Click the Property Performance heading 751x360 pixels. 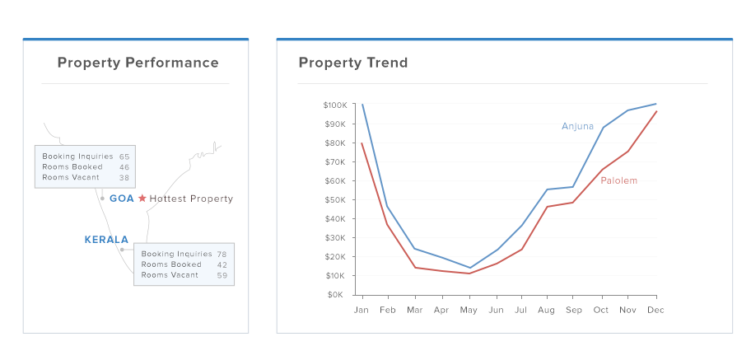click(138, 63)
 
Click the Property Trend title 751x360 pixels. click(352, 63)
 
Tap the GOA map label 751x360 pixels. click(121, 199)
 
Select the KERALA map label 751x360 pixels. click(106, 240)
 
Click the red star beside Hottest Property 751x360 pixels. click(142, 199)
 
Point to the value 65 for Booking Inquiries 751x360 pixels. click(124, 157)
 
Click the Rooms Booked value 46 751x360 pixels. click(124, 167)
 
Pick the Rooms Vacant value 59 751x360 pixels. click(222, 275)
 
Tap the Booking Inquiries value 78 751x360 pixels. click(222, 254)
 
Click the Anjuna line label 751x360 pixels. click(577, 126)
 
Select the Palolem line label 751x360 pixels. click(618, 180)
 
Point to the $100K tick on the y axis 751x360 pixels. click(336, 105)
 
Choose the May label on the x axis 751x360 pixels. click(469, 311)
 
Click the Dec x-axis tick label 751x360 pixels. click(655, 311)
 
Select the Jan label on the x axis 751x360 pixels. click(362, 311)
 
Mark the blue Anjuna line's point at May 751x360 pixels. click(469, 268)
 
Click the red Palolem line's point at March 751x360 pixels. click(415, 267)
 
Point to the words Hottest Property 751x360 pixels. click(191, 199)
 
